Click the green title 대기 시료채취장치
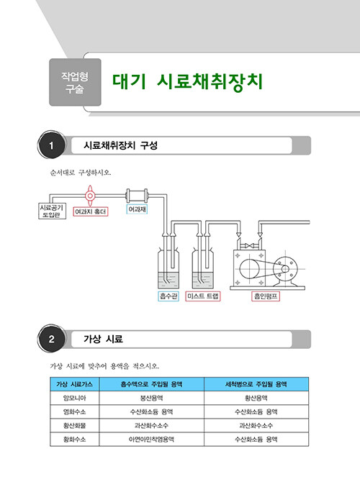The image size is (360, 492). [187, 82]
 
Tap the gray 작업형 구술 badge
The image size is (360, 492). [75, 82]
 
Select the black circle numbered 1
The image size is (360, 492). [51, 145]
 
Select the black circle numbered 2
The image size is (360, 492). [51, 339]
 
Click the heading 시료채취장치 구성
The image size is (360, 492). [120, 145]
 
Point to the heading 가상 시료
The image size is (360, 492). [103, 339]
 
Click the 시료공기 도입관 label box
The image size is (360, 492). [52, 211]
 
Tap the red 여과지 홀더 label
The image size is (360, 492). [91, 211]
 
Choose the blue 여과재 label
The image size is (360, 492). [137, 209]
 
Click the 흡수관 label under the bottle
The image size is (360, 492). [168, 296]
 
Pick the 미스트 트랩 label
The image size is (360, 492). [203, 296]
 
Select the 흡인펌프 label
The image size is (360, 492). [266, 296]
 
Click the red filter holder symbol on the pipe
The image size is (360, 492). [90, 196]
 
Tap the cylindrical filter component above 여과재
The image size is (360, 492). [137, 196]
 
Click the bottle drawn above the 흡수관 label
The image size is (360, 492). [168, 268]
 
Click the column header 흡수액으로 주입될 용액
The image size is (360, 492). [151, 384]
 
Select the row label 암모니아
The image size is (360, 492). [74, 398]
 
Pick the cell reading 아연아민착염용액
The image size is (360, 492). [151, 439]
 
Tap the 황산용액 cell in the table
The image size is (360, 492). [256, 398]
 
